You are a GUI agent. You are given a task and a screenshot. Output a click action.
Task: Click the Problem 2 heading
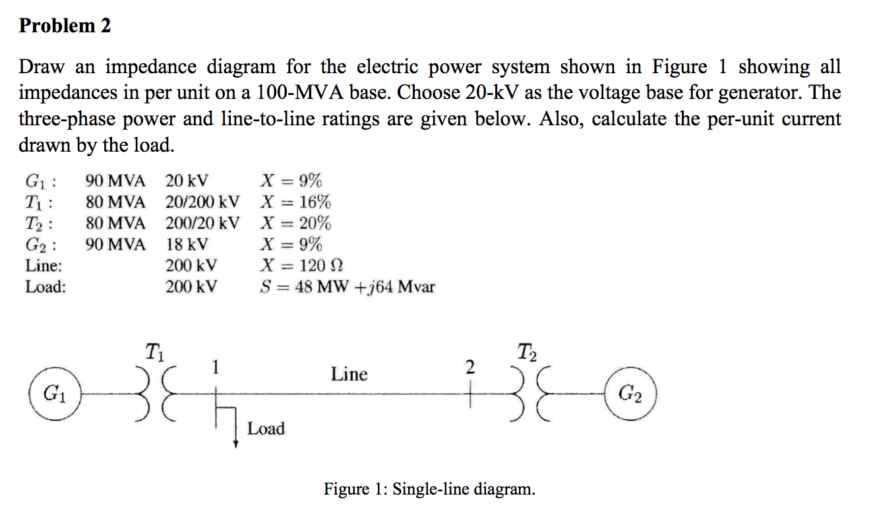(65, 26)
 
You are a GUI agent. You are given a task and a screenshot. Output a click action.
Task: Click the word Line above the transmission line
(349, 375)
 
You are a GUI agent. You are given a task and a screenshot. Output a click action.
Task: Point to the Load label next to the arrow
(266, 429)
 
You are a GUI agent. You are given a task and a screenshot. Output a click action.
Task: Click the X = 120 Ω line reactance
(302, 265)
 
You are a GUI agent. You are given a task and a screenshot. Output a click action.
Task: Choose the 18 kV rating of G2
(187, 244)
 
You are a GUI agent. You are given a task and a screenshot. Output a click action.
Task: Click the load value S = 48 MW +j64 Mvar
(347, 287)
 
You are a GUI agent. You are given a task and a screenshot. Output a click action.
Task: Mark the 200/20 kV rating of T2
(202, 223)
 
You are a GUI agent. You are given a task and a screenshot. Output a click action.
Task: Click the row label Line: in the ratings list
(44, 265)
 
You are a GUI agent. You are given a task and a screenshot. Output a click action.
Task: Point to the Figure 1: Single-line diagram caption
(429, 489)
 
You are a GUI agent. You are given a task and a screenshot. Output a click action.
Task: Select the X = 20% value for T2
(296, 223)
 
